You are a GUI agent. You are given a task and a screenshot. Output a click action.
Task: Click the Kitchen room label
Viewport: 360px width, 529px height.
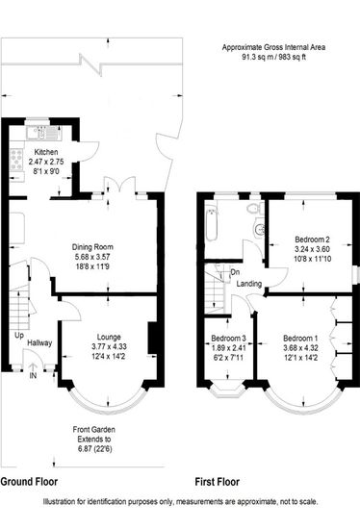[x=46, y=152]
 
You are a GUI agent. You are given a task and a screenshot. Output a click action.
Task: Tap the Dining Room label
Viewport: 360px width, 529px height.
[x=92, y=247]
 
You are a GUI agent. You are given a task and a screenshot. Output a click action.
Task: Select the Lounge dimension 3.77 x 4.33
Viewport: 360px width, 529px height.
[x=109, y=347]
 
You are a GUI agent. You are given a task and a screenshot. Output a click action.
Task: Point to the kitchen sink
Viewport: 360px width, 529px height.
[x=43, y=133]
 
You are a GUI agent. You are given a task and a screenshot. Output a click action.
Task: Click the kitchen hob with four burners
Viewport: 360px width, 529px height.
[x=16, y=160]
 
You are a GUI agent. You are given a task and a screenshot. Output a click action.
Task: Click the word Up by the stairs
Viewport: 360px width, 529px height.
[x=19, y=336]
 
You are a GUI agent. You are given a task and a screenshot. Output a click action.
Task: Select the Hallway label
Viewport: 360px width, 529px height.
[x=39, y=343]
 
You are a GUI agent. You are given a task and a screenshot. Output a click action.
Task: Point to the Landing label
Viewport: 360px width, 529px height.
[x=249, y=284]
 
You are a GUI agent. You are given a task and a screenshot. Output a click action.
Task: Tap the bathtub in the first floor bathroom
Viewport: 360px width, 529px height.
[x=211, y=223]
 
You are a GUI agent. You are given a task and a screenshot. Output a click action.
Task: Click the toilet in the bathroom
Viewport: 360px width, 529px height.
[x=255, y=208]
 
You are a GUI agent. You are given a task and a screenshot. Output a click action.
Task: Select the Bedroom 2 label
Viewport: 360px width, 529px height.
[x=312, y=239]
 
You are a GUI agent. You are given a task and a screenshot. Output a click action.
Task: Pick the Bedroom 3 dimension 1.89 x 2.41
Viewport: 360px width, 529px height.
[x=229, y=348]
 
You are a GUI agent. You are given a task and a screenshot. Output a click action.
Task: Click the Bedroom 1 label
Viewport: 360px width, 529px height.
[x=300, y=339]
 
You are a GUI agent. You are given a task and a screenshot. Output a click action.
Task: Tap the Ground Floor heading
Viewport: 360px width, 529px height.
[x=29, y=482]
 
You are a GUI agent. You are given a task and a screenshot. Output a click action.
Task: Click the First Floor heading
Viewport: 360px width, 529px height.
[x=218, y=482]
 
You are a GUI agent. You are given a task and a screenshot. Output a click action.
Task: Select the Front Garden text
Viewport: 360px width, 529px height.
[x=94, y=430]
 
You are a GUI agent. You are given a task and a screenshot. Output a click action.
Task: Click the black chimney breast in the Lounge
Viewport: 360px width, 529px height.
[x=153, y=339]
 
